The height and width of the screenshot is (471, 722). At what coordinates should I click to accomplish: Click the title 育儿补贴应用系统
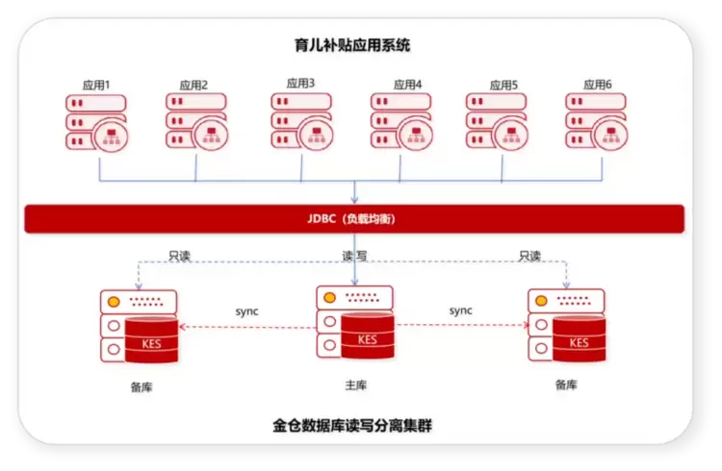[352, 45]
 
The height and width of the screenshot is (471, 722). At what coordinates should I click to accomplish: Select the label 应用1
[96, 86]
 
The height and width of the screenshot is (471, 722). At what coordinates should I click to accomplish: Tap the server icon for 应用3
[301, 121]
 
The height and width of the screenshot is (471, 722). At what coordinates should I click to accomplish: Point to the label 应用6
[598, 85]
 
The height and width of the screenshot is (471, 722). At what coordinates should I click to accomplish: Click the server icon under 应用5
[497, 121]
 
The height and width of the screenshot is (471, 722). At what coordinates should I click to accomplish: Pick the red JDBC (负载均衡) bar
[354, 219]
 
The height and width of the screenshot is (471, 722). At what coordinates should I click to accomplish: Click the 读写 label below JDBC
[354, 256]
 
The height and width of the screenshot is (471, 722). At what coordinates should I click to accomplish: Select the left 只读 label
[180, 256]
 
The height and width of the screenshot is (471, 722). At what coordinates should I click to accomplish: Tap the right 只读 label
[529, 256]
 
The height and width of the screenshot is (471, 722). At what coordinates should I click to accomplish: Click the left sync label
[246, 311]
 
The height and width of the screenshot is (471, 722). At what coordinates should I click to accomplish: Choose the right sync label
[460, 310]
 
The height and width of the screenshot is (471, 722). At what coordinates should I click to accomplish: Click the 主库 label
[356, 385]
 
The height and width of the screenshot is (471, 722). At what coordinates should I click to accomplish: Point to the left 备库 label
[142, 386]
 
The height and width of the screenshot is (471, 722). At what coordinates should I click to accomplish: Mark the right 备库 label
[566, 384]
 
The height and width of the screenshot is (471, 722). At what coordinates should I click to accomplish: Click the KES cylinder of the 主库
[368, 335]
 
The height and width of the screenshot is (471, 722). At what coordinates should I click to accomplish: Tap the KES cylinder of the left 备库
[151, 340]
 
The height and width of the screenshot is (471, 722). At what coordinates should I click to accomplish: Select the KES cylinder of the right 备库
[580, 339]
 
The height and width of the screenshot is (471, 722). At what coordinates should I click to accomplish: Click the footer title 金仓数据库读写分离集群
[352, 426]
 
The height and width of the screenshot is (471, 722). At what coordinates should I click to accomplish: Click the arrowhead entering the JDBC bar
[354, 200]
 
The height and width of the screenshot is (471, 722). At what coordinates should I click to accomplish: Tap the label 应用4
[407, 85]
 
